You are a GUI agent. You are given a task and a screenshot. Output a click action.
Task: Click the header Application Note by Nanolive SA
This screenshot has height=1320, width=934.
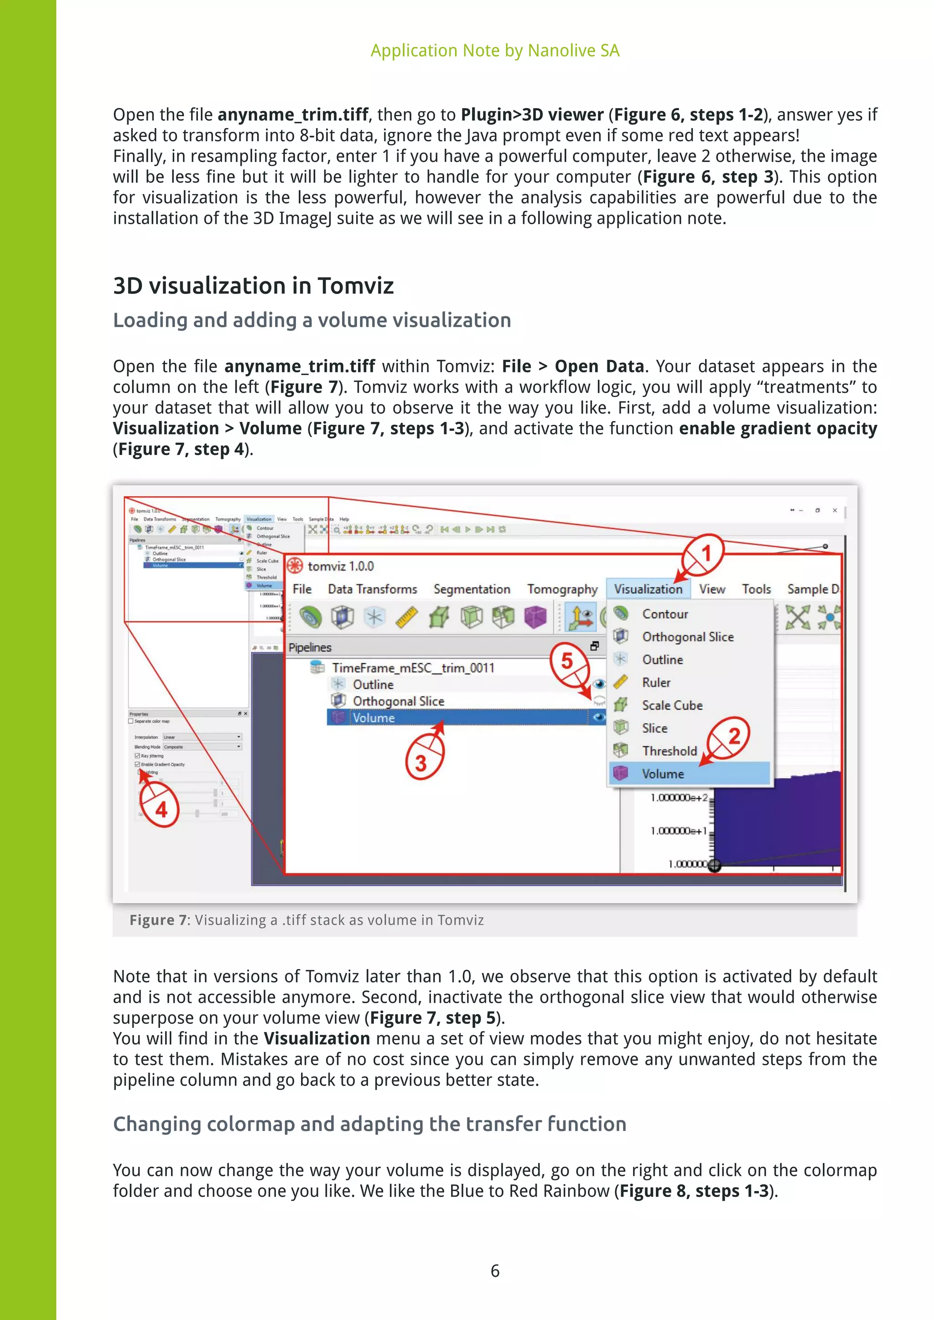[495, 51]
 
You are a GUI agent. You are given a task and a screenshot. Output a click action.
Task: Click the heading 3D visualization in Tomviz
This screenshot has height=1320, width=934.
[253, 286]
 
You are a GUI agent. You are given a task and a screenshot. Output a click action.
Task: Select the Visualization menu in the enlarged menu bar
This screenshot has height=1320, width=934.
[648, 589]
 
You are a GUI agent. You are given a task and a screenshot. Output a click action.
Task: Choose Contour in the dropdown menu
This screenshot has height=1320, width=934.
[665, 614]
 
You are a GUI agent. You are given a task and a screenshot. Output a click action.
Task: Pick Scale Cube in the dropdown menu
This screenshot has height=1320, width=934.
[672, 706]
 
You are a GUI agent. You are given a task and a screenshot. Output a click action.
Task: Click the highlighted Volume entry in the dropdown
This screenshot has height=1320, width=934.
[663, 774]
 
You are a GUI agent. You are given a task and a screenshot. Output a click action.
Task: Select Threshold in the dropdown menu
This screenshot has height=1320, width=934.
[669, 751]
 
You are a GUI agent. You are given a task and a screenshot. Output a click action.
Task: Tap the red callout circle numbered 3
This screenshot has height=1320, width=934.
[421, 763]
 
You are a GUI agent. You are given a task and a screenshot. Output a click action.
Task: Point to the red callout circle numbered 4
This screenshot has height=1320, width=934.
[161, 810]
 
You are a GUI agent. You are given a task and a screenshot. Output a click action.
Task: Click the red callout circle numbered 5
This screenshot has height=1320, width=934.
[567, 661]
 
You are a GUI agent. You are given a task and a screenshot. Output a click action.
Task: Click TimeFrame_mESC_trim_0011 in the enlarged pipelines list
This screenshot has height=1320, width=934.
[412, 667]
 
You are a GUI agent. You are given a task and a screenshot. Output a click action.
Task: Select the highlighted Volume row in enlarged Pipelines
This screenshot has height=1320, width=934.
[374, 717]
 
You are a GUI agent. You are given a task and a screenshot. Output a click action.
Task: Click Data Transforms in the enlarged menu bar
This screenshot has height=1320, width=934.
[372, 589]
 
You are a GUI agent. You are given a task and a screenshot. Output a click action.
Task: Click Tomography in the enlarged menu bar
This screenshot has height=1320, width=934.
[562, 589]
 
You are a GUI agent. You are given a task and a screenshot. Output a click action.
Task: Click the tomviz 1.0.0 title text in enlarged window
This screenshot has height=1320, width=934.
[341, 566]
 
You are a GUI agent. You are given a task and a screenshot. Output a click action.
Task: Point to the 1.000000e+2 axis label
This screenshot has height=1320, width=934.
[679, 798]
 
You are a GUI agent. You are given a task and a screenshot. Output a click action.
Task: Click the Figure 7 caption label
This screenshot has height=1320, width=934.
[158, 920]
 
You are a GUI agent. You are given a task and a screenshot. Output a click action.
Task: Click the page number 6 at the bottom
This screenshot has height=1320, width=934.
[495, 1271]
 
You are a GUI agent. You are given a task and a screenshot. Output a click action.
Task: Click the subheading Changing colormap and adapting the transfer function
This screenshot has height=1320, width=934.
[369, 1124]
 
